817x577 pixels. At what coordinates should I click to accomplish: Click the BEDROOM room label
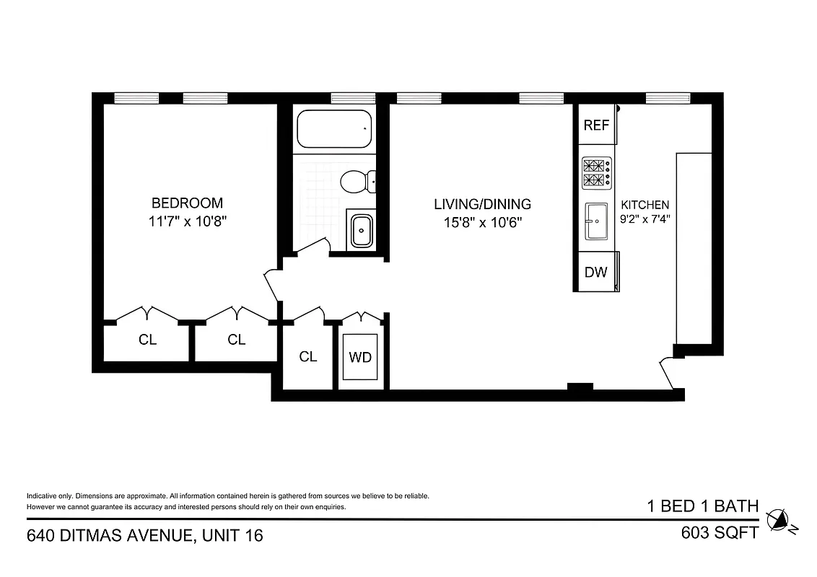click(187, 203)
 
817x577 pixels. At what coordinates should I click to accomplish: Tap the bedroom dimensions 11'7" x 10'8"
click(187, 222)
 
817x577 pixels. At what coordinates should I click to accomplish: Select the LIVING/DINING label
click(483, 204)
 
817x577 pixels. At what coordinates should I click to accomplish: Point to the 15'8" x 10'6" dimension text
click(483, 223)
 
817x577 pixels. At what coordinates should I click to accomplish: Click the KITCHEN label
click(645, 205)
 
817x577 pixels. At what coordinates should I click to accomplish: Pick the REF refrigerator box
click(597, 125)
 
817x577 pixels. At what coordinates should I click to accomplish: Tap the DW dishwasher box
click(596, 273)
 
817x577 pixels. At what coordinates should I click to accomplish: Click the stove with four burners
click(597, 173)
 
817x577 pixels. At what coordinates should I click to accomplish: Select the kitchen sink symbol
click(597, 221)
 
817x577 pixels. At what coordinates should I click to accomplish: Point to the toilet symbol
click(358, 181)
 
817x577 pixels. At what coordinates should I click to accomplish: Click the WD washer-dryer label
click(360, 357)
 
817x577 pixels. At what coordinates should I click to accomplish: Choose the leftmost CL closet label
click(148, 340)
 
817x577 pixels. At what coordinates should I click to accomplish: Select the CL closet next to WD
click(308, 356)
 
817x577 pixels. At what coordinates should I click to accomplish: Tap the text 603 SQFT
click(720, 533)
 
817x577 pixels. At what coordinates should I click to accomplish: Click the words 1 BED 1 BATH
click(702, 506)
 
